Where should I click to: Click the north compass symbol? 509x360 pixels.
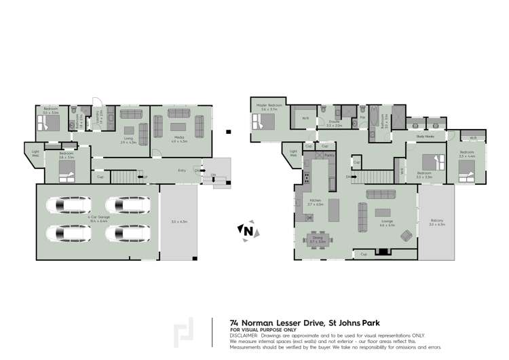[247, 232]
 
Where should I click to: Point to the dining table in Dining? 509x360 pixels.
[317, 240]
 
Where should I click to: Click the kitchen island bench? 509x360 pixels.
[333, 208]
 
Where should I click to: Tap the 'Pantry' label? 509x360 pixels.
[329, 155]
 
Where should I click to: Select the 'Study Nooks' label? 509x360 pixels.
[425, 136]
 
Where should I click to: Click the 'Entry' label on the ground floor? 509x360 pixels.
[182, 170]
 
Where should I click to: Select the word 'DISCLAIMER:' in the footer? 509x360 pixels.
[244, 334]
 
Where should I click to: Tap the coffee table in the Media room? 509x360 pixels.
[178, 126]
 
